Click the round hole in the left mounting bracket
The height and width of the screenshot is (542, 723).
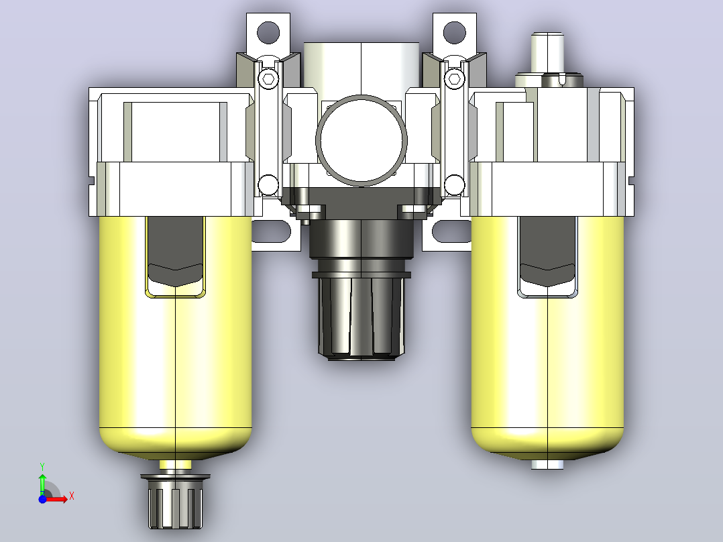268,32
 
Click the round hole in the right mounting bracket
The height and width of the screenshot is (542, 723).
454,32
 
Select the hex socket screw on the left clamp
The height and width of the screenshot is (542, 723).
268,78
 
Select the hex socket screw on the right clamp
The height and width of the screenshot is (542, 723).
454,78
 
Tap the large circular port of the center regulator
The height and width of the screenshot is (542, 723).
361,141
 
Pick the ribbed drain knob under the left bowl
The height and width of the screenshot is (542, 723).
175,501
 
